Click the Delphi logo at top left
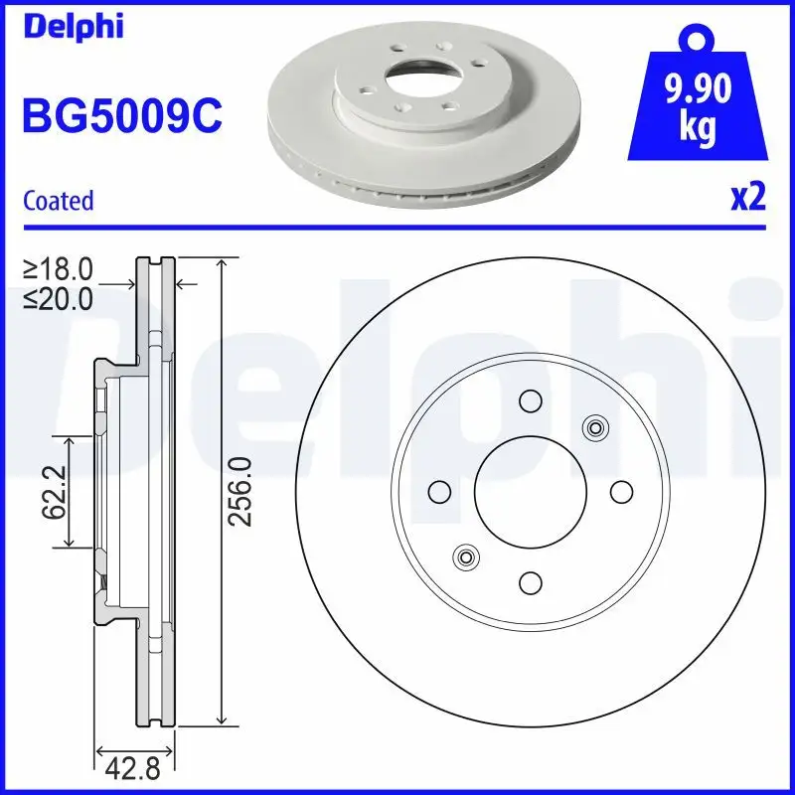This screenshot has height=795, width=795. (72, 27)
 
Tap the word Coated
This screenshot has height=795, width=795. (58, 201)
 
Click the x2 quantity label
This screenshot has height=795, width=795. (747, 199)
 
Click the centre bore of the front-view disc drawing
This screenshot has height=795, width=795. (529, 491)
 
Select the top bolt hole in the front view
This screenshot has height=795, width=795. (529, 400)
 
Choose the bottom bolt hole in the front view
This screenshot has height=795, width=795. (529, 582)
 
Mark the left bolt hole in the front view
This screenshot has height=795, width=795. (437, 491)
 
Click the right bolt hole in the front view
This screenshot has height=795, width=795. (620, 491)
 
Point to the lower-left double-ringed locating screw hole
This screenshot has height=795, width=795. (464, 556)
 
